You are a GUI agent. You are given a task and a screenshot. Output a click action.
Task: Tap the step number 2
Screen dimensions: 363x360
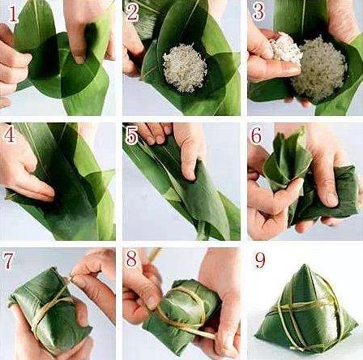[x=133, y=12]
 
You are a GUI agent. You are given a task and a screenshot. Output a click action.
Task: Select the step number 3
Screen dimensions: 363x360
[x=258, y=12]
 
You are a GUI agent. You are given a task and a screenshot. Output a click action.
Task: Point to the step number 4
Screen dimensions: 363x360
[x=9, y=135]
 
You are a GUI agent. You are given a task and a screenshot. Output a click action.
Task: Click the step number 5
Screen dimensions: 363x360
[x=132, y=135]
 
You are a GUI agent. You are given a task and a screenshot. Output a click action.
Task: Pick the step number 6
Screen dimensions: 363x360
[x=257, y=135]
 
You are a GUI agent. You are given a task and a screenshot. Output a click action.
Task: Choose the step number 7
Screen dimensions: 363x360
[x=9, y=260]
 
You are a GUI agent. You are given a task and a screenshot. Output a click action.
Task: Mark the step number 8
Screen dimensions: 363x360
[x=132, y=259]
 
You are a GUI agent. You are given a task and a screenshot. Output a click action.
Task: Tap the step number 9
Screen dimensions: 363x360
[x=260, y=260]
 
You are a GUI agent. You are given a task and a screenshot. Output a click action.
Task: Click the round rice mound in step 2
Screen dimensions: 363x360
[x=185, y=68]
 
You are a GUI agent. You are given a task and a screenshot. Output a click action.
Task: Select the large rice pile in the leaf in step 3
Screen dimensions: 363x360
[x=318, y=71]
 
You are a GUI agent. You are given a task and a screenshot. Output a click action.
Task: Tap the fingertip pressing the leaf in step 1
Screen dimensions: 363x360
[x=79, y=59]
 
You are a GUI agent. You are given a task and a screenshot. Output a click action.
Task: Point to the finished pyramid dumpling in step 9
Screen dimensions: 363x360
[x=306, y=307]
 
